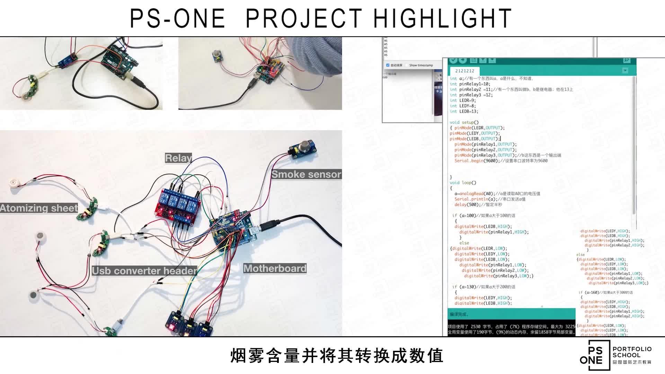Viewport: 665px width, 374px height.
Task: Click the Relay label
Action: (x=178, y=158)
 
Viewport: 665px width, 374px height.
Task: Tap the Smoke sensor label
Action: (x=306, y=174)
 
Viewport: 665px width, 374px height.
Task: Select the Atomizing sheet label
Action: (x=39, y=208)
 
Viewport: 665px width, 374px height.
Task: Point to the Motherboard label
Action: (x=275, y=268)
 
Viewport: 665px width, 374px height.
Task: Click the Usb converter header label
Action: (x=144, y=271)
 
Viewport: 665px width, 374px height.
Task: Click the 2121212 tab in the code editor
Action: (x=464, y=71)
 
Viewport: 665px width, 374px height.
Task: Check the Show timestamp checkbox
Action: (x=407, y=65)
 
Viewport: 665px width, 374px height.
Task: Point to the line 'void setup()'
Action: (x=464, y=122)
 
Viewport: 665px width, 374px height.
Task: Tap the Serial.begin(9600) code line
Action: (x=501, y=161)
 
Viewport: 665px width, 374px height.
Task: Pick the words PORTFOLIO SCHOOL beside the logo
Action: (x=632, y=352)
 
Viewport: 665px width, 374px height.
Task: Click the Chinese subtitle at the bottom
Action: (x=337, y=356)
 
